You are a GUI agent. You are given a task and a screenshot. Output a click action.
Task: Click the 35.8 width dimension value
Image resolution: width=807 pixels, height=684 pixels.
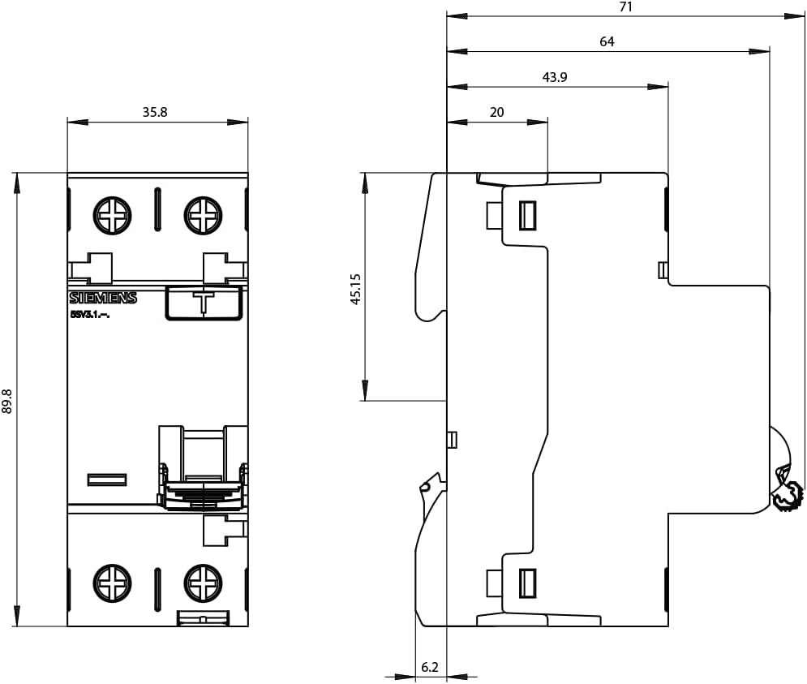pos(155,112)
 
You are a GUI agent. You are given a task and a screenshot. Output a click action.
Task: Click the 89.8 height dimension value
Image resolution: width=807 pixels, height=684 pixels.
pos(9,401)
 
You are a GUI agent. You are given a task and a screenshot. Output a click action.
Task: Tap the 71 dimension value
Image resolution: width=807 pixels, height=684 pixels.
pos(625,6)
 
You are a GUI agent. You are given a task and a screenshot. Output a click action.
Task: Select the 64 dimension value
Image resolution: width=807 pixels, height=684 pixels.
pos(607,41)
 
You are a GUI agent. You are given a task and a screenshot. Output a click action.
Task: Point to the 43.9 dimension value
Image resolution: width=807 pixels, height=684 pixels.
pos(555,77)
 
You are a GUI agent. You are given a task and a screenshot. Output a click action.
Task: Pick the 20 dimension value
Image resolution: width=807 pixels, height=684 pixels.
pos(496,112)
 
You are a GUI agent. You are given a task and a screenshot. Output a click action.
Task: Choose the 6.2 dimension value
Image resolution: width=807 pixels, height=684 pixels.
pos(430,667)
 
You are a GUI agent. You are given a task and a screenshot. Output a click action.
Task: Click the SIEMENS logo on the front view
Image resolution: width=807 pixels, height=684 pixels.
pos(103,298)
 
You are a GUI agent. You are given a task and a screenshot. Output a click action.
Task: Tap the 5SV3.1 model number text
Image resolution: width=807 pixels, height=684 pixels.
pos(89,315)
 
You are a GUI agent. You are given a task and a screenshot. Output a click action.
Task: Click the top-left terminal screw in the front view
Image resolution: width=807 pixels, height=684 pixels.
pos(112,216)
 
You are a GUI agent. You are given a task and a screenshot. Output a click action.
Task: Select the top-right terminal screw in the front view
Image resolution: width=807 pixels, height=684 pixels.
pos(203,216)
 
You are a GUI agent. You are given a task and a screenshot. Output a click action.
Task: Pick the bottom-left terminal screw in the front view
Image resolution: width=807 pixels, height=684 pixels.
pos(112,583)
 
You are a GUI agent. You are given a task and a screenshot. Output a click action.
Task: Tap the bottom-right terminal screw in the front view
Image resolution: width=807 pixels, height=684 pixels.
pos(203,583)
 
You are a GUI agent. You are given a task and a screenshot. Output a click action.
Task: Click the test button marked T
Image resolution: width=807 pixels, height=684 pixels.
pos(204,302)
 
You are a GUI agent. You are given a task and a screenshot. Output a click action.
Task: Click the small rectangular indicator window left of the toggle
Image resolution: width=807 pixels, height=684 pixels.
pos(107,480)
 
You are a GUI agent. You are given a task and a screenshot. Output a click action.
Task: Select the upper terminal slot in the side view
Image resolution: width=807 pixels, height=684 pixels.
pos(527,215)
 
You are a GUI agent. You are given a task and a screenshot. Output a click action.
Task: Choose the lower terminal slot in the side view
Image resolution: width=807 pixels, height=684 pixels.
pos(527,583)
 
